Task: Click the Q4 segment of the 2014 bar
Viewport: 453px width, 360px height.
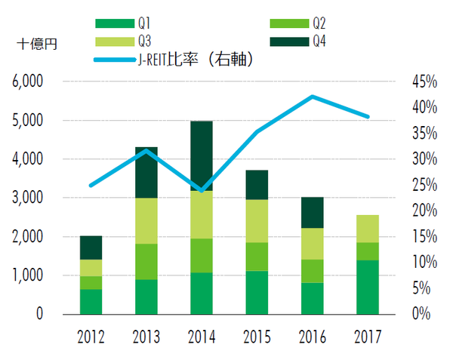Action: (x=202, y=155)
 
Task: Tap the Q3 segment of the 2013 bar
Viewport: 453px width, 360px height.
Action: (x=146, y=220)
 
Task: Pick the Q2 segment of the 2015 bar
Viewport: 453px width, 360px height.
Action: (x=257, y=257)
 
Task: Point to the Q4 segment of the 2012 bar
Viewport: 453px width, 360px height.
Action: (x=91, y=248)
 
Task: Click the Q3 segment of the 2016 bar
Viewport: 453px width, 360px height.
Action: (x=312, y=243)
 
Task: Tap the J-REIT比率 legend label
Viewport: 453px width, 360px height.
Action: (x=192, y=59)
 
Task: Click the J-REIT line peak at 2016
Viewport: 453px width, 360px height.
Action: (x=312, y=97)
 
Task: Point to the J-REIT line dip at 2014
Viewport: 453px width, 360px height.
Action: (x=202, y=190)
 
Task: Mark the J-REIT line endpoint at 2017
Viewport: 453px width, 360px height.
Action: (x=368, y=117)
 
